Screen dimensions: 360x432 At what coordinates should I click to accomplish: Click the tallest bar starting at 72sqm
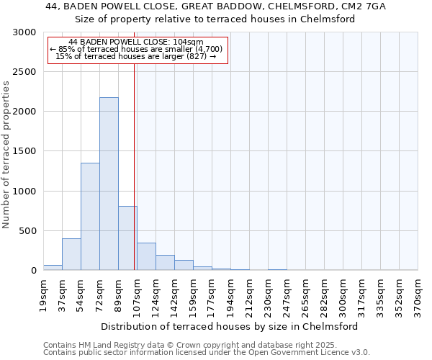pyautogui.click(x=109, y=184)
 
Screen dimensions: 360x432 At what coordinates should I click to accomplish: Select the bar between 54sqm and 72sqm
pyautogui.click(x=90, y=216)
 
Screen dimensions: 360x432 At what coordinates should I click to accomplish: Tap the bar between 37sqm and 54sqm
pyautogui.click(x=71, y=254)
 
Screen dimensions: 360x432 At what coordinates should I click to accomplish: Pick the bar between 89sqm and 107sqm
pyautogui.click(x=127, y=238)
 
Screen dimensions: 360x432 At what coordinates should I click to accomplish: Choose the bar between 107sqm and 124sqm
pyautogui.click(x=146, y=256)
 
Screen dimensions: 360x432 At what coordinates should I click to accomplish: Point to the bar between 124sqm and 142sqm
pyautogui.click(x=165, y=263)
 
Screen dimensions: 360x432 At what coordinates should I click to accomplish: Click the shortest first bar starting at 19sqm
pyautogui.click(x=53, y=268)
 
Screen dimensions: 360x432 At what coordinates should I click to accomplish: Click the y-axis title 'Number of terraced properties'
pyautogui.click(x=6, y=154)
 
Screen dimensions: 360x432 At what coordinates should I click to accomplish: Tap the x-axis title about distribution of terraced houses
pyautogui.click(x=230, y=326)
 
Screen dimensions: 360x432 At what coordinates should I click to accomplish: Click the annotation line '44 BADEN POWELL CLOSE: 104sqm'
pyautogui.click(x=137, y=42)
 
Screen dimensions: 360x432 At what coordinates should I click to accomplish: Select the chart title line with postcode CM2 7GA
pyautogui.click(x=216, y=6)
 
